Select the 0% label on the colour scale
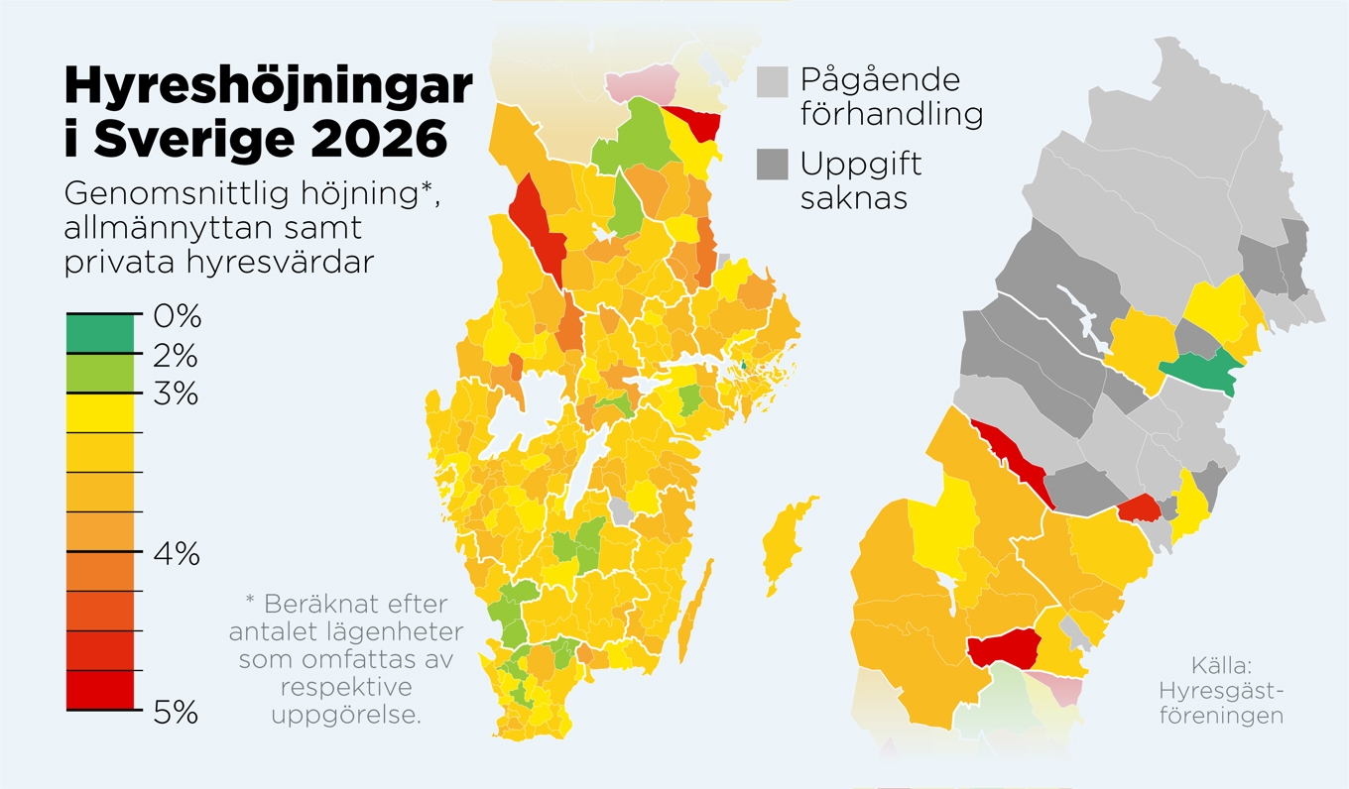coord(178,317)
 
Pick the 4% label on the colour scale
coord(177,553)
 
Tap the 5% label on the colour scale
coord(177,712)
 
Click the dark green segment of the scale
coord(99,334)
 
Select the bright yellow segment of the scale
coord(99,412)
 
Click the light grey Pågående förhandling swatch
coord(773,81)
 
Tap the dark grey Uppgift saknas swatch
coord(773,165)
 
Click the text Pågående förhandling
coord(891,96)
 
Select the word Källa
coord(1221,665)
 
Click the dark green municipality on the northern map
coord(1200,371)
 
